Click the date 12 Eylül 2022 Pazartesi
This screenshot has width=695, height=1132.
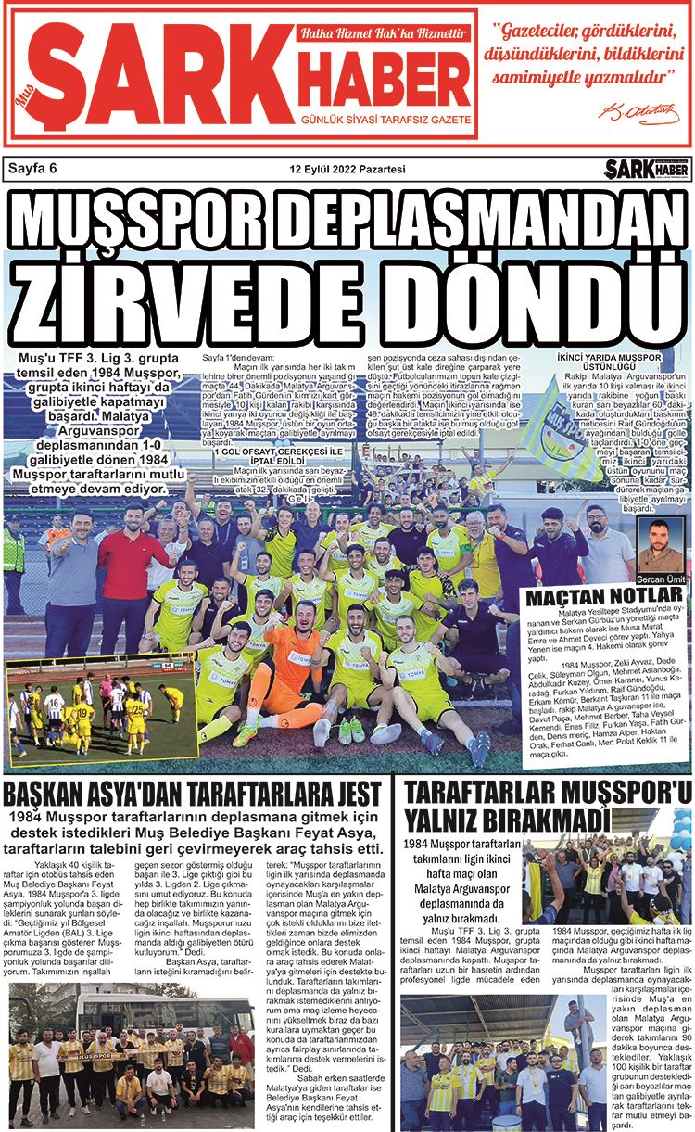pos(347,169)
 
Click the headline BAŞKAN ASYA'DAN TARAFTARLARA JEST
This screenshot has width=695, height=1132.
pos(192,795)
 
